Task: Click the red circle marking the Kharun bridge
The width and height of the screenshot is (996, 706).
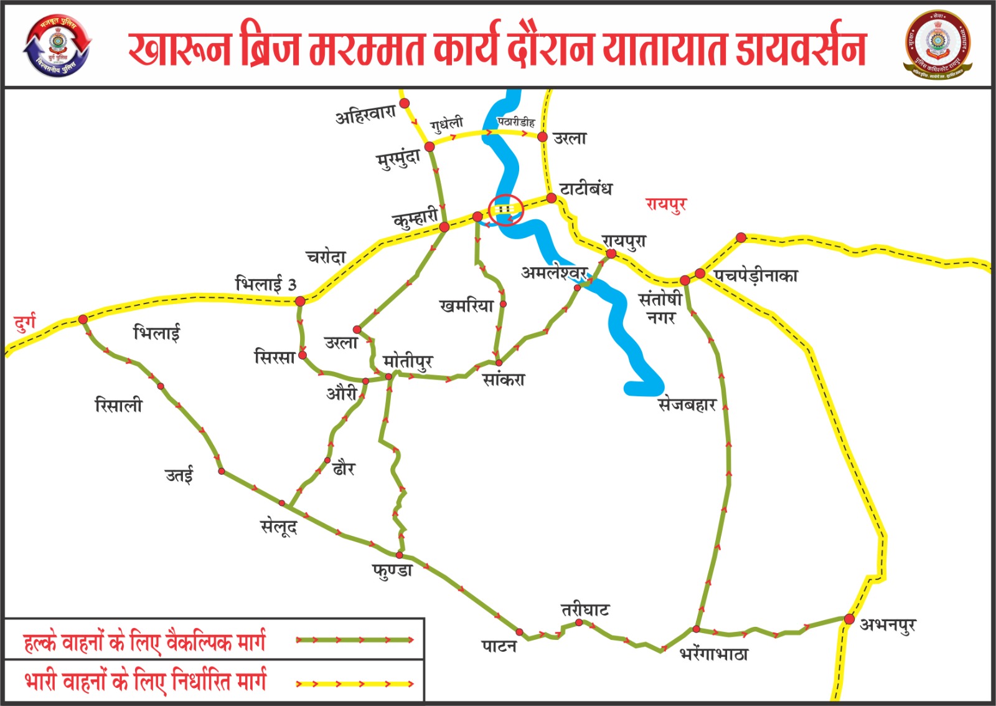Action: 506,209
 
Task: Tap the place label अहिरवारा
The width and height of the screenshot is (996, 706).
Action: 365,114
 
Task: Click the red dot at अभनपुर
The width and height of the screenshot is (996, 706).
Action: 849,619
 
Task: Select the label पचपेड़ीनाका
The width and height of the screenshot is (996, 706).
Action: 756,275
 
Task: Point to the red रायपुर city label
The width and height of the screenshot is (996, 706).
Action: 665,204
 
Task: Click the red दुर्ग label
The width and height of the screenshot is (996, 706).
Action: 25,323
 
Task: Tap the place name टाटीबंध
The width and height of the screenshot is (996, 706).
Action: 585,188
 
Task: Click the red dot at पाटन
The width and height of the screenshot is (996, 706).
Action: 520,632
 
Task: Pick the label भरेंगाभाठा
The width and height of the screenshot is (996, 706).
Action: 713,654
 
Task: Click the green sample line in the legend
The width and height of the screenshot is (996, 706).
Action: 354,640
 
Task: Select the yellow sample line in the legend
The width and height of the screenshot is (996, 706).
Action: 354,684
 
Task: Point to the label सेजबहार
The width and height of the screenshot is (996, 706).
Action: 687,405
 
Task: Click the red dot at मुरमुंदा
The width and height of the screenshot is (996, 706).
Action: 430,146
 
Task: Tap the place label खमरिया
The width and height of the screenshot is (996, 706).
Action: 466,305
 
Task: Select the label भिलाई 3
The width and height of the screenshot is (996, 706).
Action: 265,284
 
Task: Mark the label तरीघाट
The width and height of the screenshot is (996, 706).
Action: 585,609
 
